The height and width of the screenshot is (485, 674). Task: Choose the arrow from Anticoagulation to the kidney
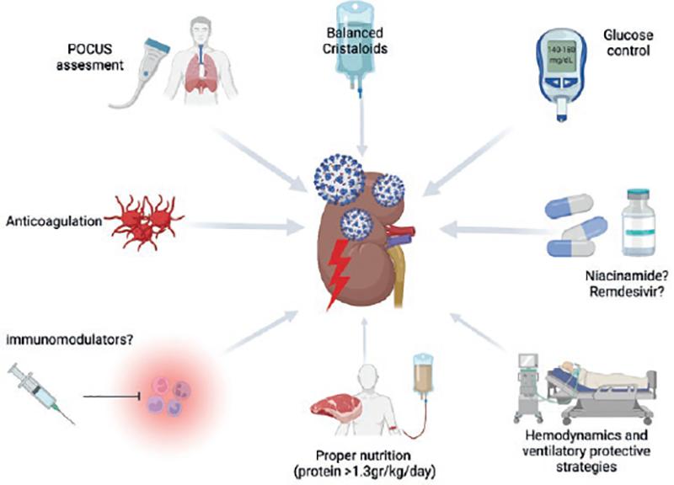click(244, 226)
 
